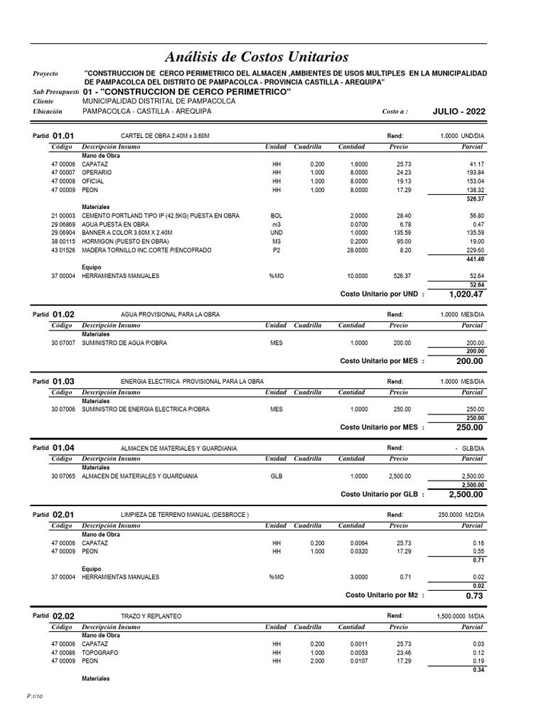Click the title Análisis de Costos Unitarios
point(256,56)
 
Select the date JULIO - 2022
point(459,112)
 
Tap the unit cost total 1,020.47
point(466,294)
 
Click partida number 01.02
point(63,314)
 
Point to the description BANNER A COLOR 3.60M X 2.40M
point(127,232)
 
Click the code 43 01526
point(63,250)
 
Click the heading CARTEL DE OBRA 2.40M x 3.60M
point(166,135)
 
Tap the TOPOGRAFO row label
point(100,652)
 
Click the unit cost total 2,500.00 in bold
point(466,494)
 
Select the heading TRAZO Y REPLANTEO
point(151,615)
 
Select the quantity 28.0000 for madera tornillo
point(355,250)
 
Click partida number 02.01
point(63,514)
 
